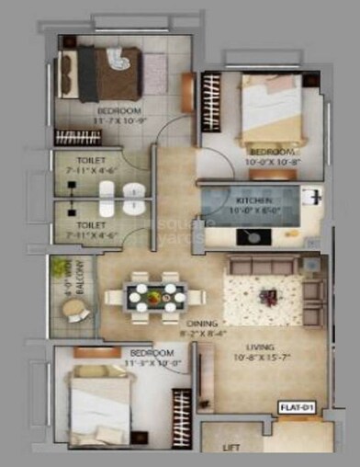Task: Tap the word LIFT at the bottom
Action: [231, 448]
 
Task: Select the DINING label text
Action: [202, 325]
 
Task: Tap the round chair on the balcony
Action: [77, 312]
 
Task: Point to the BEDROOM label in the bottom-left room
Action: [152, 353]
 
